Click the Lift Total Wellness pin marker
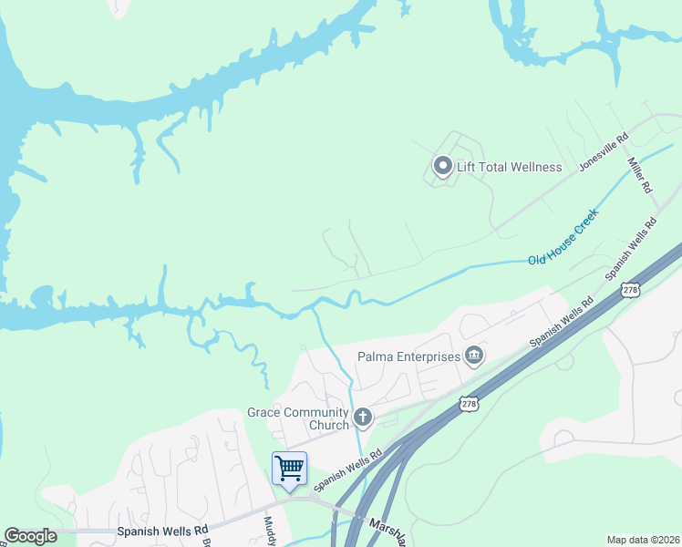coord(442,166)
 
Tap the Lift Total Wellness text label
coord(510,167)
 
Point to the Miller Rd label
coord(639,174)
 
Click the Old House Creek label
coord(563,239)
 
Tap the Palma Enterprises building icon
coord(474,356)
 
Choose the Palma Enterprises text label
coord(408,356)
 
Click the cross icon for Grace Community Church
coord(363,418)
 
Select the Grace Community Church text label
coord(298,418)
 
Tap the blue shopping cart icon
coord(289,469)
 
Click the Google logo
coord(30,536)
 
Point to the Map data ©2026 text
coord(643,540)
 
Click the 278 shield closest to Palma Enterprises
coord(469,403)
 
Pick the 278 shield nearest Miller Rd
coord(630,289)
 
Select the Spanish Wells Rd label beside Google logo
coord(162,530)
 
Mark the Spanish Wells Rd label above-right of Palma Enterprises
coord(563,320)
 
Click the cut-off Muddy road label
coord(271,531)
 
